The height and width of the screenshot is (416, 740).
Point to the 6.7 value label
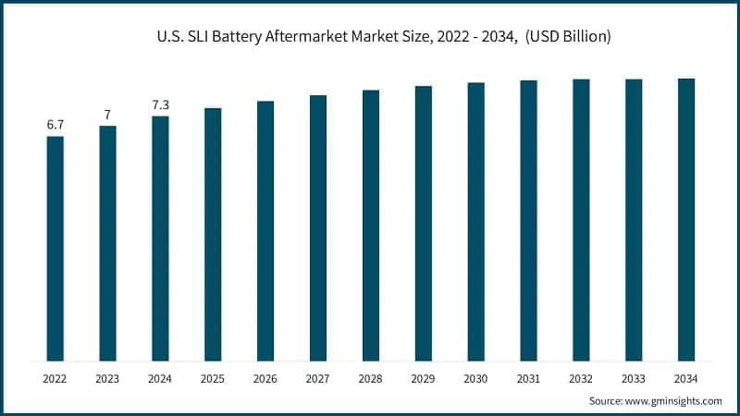(55, 125)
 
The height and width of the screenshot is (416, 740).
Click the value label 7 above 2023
(108, 115)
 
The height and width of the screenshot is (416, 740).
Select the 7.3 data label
(160, 105)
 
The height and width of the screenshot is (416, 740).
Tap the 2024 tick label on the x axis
(160, 378)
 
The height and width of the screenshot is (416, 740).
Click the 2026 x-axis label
(265, 378)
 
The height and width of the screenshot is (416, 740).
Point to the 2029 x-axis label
(424, 378)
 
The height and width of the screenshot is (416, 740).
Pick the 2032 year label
(581, 378)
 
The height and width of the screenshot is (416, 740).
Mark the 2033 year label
(634, 378)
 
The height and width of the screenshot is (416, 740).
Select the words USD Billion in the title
(569, 36)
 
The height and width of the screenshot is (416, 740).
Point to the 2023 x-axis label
(108, 378)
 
